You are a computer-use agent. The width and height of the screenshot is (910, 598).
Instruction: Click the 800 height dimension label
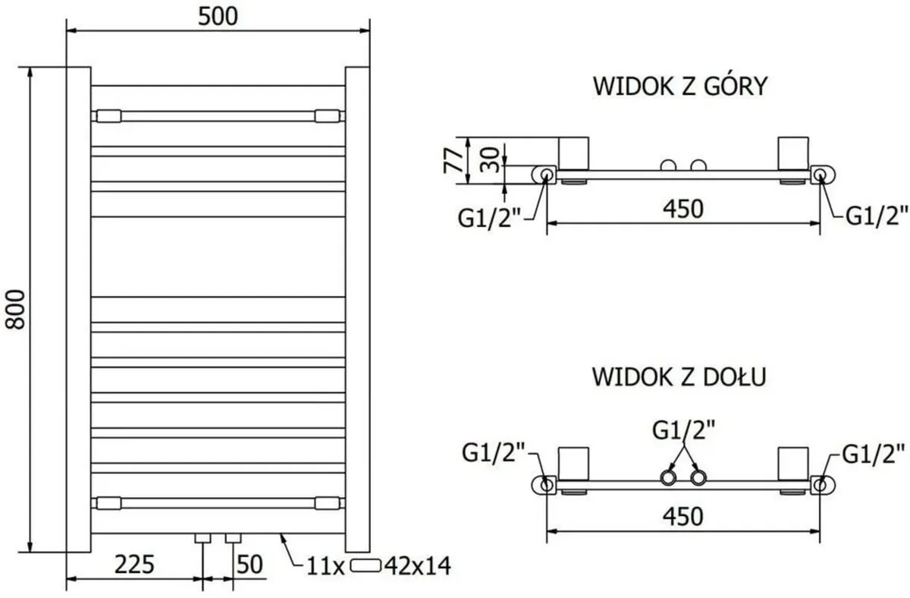pyautogui.click(x=17, y=308)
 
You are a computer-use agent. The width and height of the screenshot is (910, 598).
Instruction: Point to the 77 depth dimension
pyautogui.click(x=453, y=160)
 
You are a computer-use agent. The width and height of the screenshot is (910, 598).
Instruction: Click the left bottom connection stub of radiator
pyautogui.click(x=202, y=539)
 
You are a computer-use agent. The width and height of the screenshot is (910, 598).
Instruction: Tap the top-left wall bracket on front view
pyautogui.click(x=107, y=116)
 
